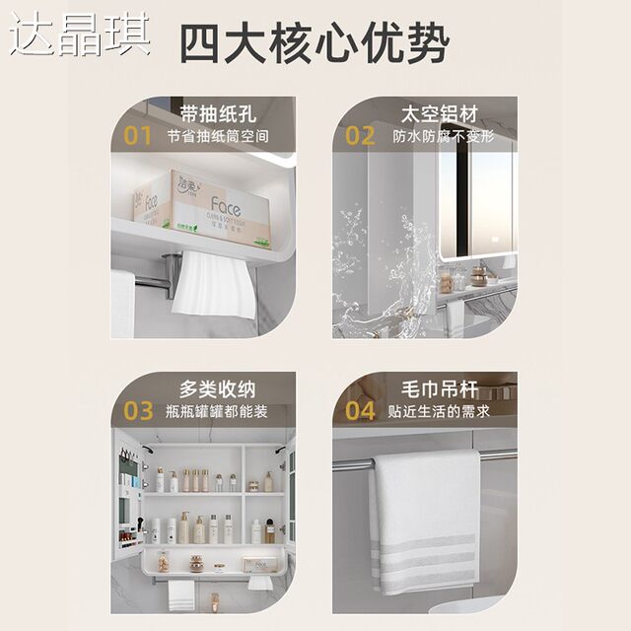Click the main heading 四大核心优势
[x=314, y=44]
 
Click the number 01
[x=138, y=136]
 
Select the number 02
[x=361, y=136]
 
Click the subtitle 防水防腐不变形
[x=443, y=136]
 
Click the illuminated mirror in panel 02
[x=477, y=207]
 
